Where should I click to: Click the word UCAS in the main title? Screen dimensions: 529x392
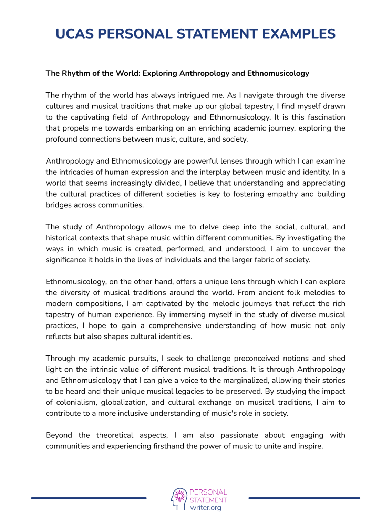tap(75, 34)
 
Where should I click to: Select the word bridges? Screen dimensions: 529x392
tap(59, 205)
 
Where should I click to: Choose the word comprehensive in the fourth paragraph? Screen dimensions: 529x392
tap(175, 325)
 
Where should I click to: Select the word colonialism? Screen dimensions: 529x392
tap(75, 402)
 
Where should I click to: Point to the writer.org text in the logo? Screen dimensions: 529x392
tap(206, 508)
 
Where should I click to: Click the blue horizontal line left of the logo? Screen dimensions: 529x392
tap(89, 498)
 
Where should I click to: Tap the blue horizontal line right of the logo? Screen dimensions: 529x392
tap(304, 498)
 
